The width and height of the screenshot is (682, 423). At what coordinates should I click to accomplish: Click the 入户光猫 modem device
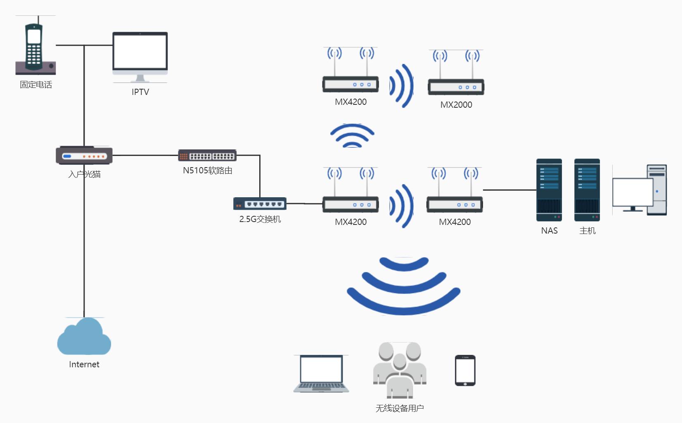84,156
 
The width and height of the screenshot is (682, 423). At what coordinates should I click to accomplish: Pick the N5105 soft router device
207,156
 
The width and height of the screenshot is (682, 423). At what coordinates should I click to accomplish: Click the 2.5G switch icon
260,204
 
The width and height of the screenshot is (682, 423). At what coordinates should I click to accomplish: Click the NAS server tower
549,190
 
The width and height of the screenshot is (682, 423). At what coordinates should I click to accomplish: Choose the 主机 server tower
587,190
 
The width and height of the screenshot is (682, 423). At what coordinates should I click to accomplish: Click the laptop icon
321,373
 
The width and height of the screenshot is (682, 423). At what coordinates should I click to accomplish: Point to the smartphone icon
465,370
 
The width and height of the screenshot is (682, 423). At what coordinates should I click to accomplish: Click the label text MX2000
456,105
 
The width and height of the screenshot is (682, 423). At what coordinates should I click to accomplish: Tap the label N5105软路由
208,170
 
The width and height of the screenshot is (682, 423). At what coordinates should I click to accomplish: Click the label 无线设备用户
400,408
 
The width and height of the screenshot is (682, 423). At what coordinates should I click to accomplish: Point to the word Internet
84,364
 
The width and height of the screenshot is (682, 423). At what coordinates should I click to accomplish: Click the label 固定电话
36,85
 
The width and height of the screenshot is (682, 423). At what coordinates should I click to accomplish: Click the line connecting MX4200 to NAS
509,190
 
